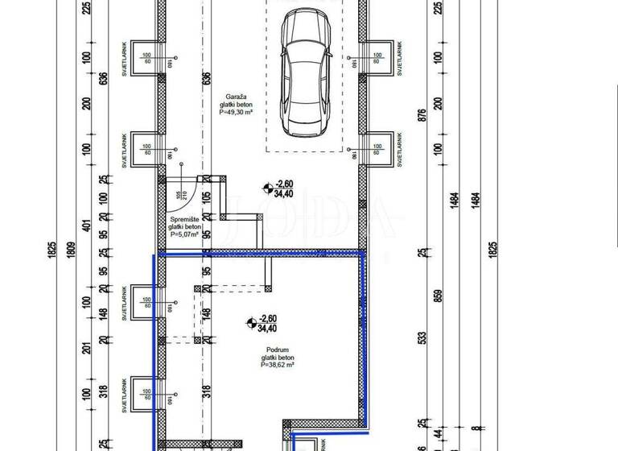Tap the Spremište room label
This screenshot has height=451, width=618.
click(184, 219)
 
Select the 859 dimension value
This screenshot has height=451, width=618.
click(438, 295)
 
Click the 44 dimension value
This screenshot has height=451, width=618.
click(438, 433)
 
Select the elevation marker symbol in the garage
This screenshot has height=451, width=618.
click(266, 188)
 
